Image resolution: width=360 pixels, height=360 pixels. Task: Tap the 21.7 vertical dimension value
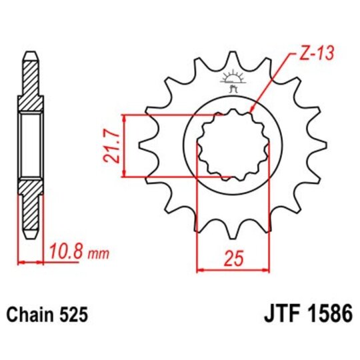[113, 146]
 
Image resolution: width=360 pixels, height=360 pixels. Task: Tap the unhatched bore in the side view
[31, 146]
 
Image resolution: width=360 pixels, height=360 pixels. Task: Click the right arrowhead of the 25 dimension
[267, 270]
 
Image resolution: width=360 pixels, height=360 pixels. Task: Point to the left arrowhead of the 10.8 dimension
[21, 262]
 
